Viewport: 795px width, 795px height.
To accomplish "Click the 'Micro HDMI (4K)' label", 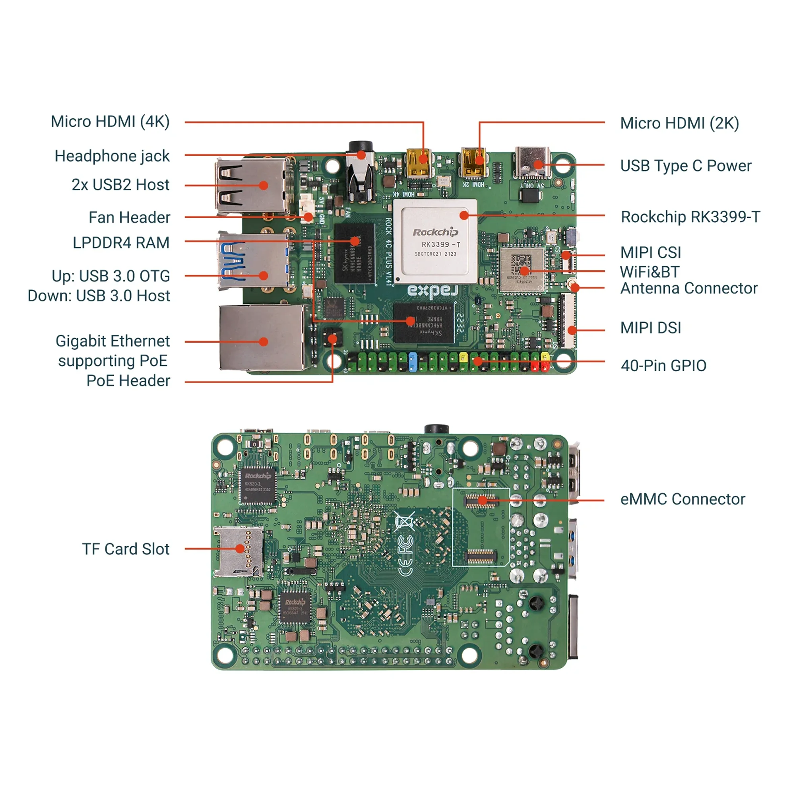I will (x=110, y=122).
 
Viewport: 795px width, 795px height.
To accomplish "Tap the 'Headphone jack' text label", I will (x=112, y=156).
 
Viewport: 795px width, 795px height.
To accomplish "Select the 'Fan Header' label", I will (x=129, y=217).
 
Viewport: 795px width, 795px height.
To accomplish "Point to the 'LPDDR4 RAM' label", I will (x=121, y=243).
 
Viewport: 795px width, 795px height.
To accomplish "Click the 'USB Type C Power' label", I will (x=686, y=166).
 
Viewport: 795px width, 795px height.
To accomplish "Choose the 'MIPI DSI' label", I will (x=651, y=328).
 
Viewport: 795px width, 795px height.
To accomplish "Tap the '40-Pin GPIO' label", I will (x=663, y=365).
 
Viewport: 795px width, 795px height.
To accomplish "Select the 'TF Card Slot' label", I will (x=126, y=549).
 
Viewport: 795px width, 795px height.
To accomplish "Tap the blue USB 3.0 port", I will (x=253, y=261).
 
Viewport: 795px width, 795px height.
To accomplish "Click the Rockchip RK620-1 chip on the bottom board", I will (x=258, y=486).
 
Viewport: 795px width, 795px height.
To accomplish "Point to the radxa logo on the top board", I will (x=432, y=291).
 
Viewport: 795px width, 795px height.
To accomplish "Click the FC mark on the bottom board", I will (x=405, y=545).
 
